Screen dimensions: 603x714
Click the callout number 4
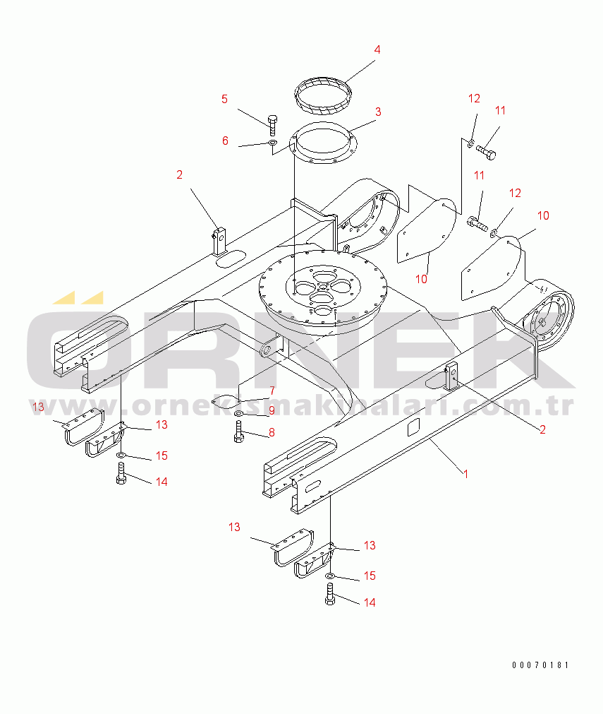click(x=377, y=49)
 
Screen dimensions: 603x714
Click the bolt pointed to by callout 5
click(x=273, y=125)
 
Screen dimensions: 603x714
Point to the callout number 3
click(x=378, y=112)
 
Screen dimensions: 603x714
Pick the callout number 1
click(x=465, y=474)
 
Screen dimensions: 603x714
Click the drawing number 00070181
click(x=540, y=665)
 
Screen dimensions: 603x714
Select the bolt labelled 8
click(x=239, y=432)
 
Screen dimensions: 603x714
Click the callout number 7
click(x=272, y=391)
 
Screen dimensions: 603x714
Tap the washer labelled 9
click(x=239, y=413)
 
